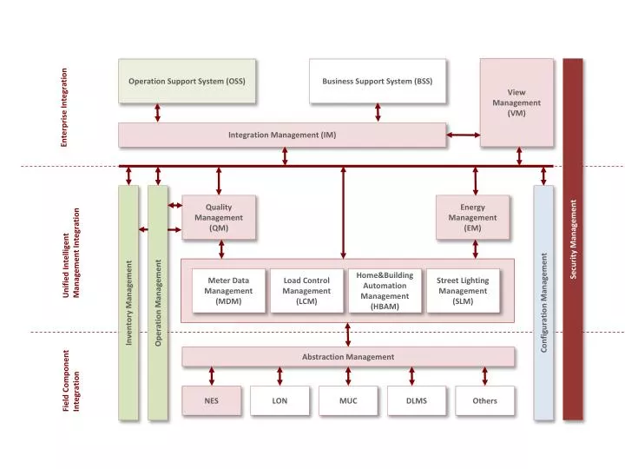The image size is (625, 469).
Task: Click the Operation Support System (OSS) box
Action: [187, 81]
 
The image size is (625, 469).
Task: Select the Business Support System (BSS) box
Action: [378, 81]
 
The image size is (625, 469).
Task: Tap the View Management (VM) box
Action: [516, 102]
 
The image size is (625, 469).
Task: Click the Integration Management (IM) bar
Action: [282, 135]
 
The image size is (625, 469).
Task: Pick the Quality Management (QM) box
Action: [219, 217]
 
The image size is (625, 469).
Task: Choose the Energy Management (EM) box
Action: [472, 217]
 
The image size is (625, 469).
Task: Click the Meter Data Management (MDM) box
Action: [228, 291]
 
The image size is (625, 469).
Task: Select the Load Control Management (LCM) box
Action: [306, 291]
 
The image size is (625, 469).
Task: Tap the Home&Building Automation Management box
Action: [385, 290]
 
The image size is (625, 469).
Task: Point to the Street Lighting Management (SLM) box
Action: [463, 291]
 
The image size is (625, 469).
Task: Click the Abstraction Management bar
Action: [347, 357]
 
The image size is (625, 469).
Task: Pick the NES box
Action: [211, 401]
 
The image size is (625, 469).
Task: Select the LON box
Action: [280, 401]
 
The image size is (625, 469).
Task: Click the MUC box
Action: [348, 401]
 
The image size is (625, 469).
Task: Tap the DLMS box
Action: [417, 401]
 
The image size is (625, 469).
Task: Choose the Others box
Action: [484, 401]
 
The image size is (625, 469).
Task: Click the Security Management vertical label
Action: [573, 240]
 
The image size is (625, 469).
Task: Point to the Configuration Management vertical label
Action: [543, 302]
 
